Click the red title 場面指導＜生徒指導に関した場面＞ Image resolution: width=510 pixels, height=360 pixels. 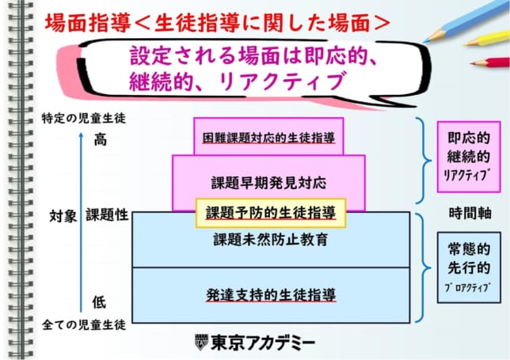[x=218, y=24]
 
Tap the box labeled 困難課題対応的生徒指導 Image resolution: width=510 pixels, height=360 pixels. [x=268, y=136]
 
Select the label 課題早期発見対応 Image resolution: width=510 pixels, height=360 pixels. [x=268, y=183]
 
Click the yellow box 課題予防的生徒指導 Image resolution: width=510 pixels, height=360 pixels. [x=271, y=213]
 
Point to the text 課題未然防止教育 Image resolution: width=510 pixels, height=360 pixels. [x=271, y=240]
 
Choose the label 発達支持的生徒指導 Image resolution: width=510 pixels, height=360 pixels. [x=271, y=295]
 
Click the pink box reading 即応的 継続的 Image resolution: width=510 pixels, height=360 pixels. [x=469, y=157]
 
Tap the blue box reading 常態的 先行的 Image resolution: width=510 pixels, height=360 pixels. [x=469, y=267]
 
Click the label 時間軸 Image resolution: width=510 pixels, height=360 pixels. [x=470, y=213]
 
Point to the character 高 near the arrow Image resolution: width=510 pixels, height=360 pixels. [x=100, y=140]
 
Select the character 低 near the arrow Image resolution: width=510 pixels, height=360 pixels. [x=99, y=302]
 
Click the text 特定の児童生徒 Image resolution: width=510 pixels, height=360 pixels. [x=84, y=118]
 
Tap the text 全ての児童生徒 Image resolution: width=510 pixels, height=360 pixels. [x=84, y=324]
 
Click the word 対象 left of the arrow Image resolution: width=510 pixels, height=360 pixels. [x=63, y=216]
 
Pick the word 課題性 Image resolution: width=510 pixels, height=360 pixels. [x=107, y=214]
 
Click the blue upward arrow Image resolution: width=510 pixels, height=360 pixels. [x=81, y=222]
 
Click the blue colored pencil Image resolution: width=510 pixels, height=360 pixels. [x=466, y=22]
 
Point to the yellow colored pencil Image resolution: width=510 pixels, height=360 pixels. [x=486, y=39]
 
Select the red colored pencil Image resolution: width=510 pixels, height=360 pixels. [x=490, y=62]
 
